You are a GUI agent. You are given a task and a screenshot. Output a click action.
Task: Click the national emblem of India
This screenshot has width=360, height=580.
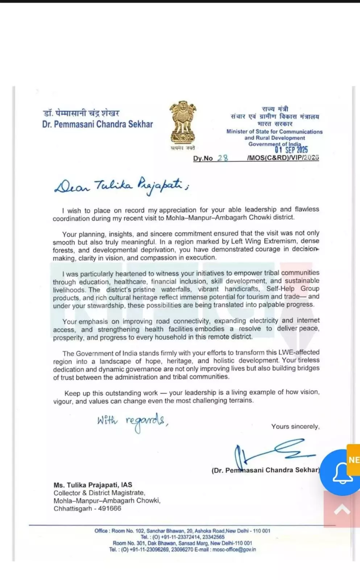[183, 123]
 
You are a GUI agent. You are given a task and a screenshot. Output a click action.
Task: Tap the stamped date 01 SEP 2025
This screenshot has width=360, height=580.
[291, 149]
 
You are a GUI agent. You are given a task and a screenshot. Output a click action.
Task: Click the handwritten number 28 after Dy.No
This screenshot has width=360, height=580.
[223, 158]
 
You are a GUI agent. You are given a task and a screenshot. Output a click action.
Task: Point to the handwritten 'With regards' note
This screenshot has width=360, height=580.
[132, 422]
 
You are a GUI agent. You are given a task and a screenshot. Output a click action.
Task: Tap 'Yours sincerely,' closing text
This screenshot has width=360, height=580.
[295, 427]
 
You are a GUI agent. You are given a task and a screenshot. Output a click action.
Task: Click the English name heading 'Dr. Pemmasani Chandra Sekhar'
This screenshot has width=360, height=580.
[98, 124]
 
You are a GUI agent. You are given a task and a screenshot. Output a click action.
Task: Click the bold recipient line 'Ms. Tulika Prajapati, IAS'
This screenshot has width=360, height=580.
[93, 485]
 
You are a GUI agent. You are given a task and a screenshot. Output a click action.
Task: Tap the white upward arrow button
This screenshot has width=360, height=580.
[342, 510]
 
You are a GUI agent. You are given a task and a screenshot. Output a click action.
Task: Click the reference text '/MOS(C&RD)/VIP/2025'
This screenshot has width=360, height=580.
[283, 158]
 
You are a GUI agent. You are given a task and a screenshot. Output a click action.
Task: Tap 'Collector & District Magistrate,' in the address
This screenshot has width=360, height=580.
[99, 493]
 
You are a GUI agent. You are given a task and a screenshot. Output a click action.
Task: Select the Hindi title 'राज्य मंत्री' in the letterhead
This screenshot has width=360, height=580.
[275, 109]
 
